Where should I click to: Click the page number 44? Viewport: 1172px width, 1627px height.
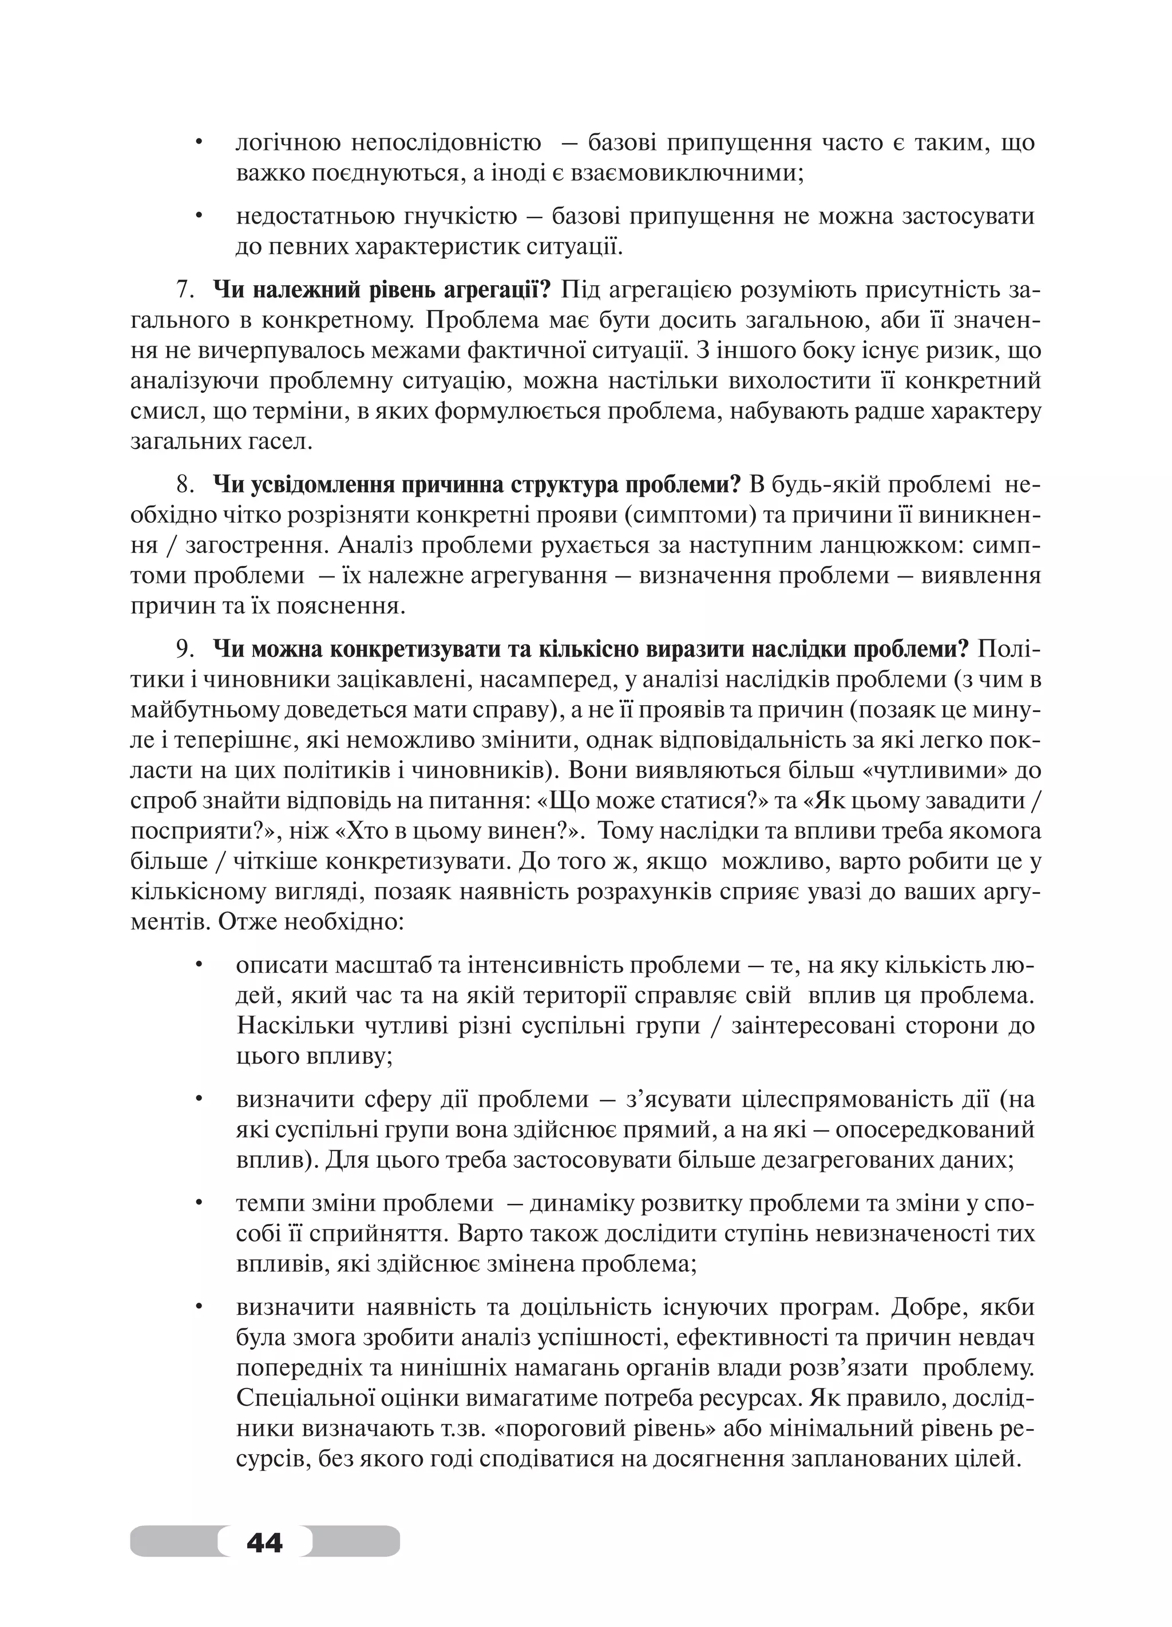[x=264, y=1541]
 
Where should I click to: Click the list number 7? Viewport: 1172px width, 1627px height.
[x=186, y=291]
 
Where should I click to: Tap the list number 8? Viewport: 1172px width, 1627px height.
[x=186, y=485]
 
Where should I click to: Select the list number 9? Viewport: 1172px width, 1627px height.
[x=186, y=649]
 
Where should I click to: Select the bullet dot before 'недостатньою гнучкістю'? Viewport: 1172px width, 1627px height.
[x=199, y=216]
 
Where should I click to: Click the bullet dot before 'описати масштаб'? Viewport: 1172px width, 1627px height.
[x=199, y=965]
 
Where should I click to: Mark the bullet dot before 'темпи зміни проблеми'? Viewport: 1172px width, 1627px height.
[x=199, y=1204]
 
